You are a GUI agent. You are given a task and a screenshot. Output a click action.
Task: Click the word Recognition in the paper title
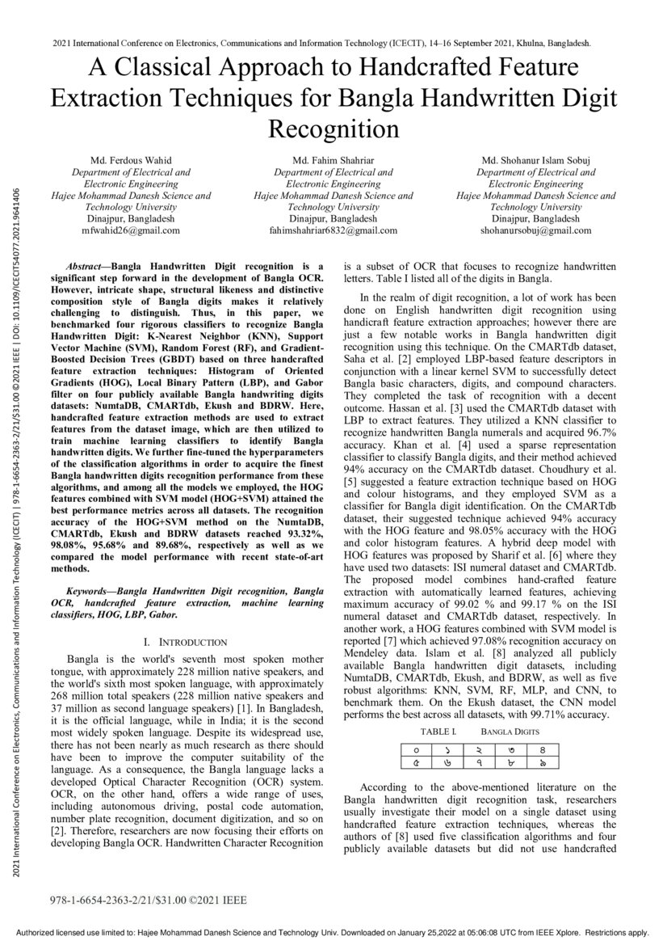(x=333, y=129)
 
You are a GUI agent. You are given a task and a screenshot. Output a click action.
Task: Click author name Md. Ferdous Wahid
(x=131, y=161)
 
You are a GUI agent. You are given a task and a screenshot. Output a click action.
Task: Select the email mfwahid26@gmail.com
(x=131, y=230)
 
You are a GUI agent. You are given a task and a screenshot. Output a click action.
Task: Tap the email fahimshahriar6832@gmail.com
(x=333, y=230)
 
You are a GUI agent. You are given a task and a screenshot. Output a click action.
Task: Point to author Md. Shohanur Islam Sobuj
(x=535, y=161)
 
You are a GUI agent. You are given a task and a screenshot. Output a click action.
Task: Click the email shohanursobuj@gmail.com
(x=535, y=230)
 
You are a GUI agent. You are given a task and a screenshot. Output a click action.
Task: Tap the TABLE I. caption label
(x=438, y=731)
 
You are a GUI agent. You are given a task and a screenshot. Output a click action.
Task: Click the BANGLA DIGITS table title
(x=510, y=731)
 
